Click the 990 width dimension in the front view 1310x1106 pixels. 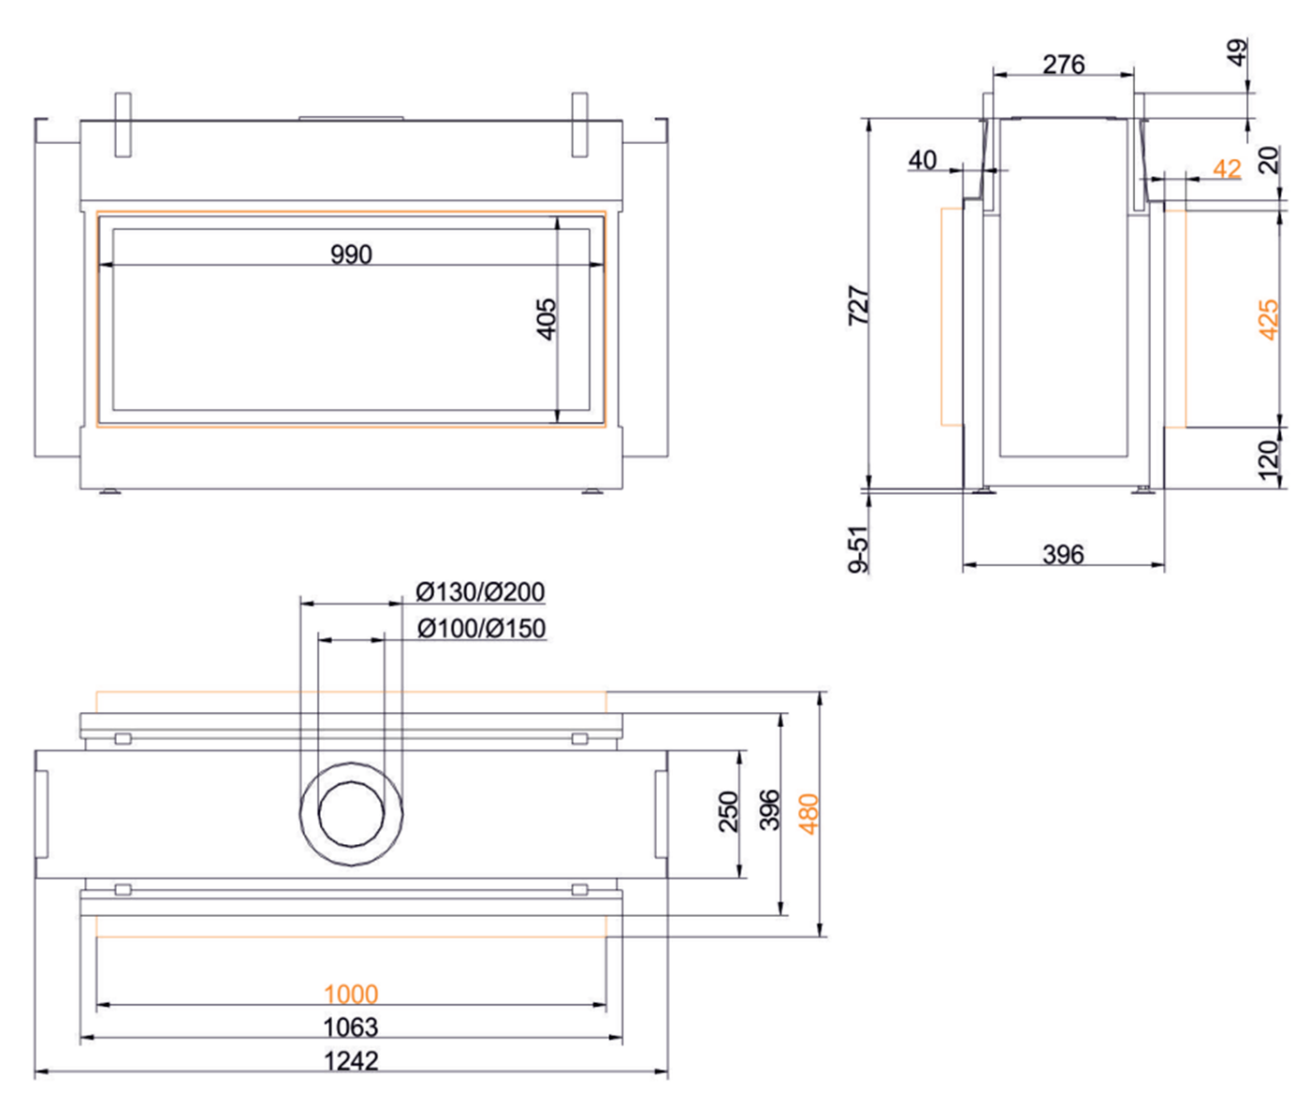point(351,255)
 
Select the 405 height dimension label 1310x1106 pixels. point(546,318)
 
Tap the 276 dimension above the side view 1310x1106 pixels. point(1064,65)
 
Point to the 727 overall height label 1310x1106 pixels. point(859,305)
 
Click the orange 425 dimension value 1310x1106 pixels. point(1268,319)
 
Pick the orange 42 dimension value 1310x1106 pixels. point(1227,168)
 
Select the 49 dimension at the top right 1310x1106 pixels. point(1237,52)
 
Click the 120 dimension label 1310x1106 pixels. point(1268,460)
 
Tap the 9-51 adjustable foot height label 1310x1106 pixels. point(859,548)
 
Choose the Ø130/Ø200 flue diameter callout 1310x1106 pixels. point(480,592)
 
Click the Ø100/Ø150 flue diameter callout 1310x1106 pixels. point(481,628)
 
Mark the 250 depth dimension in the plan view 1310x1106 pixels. point(728,811)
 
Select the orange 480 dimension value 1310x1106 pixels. point(809,813)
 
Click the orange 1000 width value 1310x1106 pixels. point(351,994)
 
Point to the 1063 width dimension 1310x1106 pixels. point(351,1027)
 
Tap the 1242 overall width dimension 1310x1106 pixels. point(351,1061)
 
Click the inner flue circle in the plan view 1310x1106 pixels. point(351,813)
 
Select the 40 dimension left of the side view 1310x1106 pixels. point(923,161)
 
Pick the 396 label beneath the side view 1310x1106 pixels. point(1064,555)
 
